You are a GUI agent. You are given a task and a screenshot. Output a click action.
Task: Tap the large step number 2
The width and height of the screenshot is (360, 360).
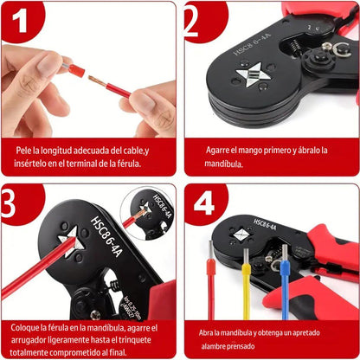pos(190,21)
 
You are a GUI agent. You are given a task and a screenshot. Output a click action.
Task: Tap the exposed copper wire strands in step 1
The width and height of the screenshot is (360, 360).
pos(97,81)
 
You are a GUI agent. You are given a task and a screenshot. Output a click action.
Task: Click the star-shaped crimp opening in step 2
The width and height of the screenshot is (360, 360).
pos(253,75)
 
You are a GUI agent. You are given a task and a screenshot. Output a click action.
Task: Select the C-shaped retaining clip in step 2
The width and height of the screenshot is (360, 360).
pos(342,49)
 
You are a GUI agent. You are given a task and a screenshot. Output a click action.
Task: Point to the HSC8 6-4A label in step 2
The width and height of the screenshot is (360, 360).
pos(252,45)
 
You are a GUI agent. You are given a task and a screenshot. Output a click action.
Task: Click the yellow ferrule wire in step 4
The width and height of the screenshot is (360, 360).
pos(246,284)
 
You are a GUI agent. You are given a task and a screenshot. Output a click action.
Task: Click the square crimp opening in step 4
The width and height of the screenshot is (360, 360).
pos(241,235)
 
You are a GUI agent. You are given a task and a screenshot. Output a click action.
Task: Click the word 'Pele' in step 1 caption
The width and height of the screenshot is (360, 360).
pos(23,151)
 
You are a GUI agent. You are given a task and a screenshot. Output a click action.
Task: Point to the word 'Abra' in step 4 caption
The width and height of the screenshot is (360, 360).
pos(205,333)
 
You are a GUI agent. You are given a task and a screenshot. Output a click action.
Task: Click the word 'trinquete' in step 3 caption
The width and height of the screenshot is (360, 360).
pos(135,340)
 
